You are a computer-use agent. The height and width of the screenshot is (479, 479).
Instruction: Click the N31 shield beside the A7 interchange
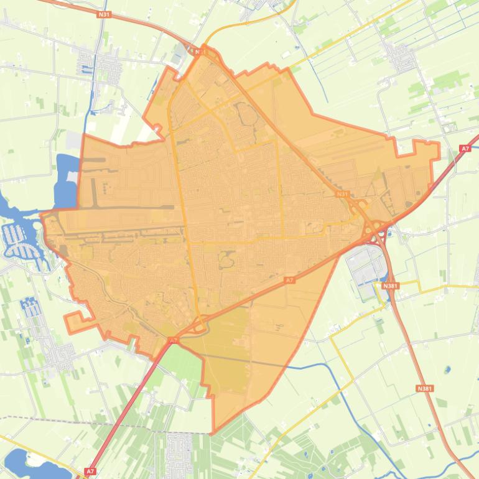pos(342,195)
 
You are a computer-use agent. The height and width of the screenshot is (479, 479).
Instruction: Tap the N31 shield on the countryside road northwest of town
pos(105,14)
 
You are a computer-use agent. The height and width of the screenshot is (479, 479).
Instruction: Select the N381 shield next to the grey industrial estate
pos(390,286)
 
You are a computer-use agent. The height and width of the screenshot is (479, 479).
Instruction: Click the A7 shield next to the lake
pos(90,472)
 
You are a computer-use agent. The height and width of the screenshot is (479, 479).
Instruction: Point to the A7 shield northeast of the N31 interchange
pos(465,148)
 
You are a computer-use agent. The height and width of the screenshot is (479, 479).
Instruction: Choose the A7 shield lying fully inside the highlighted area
pos(289,281)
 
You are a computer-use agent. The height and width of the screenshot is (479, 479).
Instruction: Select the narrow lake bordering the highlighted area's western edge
pos(65,180)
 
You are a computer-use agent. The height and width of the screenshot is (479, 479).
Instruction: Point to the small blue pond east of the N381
pos(447,370)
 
